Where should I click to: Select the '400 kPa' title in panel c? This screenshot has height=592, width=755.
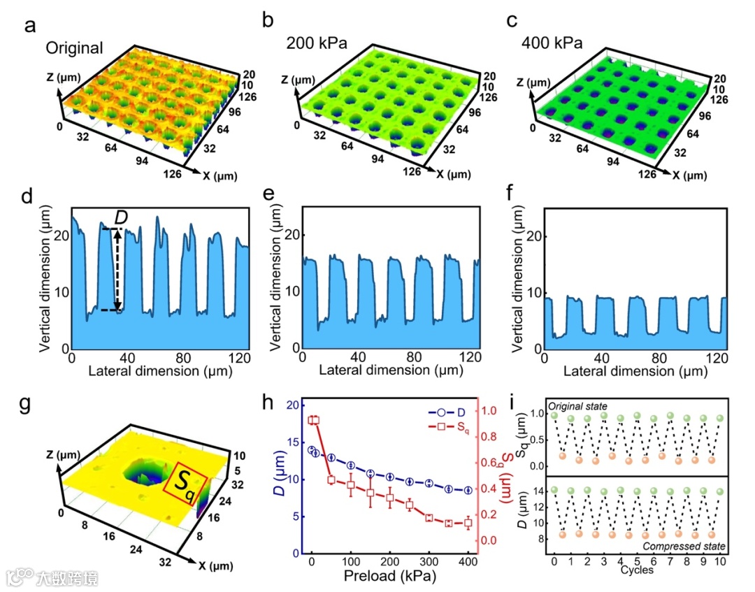pyautogui.click(x=552, y=43)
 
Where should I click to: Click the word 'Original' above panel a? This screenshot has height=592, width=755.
pyautogui.click(x=75, y=48)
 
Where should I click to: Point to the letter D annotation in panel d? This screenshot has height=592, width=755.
pyautogui.click(x=121, y=217)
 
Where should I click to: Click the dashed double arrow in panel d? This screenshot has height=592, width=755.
pyautogui.click(x=118, y=270)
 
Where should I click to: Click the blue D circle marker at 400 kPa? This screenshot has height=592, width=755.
pyautogui.click(x=468, y=491)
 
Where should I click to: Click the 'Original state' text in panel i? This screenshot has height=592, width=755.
pyautogui.click(x=578, y=406)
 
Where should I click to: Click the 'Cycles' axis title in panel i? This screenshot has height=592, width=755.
pyautogui.click(x=638, y=570)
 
